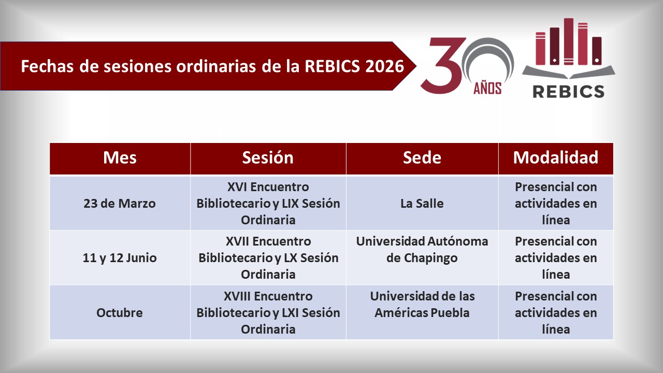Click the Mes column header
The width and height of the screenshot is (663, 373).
pyautogui.click(x=120, y=157)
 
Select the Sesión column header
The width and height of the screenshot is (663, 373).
pyautogui.click(x=268, y=157)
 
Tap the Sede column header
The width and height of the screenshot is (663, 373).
pyautogui.click(x=422, y=157)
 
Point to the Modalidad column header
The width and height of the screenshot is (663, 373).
pyautogui.click(x=555, y=157)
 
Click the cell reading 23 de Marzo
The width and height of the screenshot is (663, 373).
pyautogui.click(x=120, y=203)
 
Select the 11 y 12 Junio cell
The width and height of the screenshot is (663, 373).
pyautogui.click(x=120, y=258)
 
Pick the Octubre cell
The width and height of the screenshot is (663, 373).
pyautogui.click(x=120, y=313)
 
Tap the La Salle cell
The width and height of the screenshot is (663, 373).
pyautogui.click(x=422, y=203)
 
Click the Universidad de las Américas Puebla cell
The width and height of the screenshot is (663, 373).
pyautogui.click(x=422, y=305)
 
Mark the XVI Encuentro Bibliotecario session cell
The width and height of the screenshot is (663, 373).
pyautogui.click(x=268, y=203)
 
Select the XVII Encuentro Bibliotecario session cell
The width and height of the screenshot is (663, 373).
pyautogui.click(x=268, y=258)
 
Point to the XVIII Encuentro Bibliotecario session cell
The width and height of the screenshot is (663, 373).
pyautogui.click(x=268, y=313)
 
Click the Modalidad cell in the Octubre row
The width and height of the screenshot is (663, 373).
pyautogui.click(x=555, y=313)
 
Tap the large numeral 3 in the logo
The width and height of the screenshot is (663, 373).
pyautogui.click(x=441, y=66)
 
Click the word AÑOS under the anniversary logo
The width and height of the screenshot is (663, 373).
pyautogui.click(x=487, y=89)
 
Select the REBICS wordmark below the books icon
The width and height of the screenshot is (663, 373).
pyautogui.click(x=568, y=91)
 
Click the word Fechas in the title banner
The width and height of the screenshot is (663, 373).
pyautogui.click(x=44, y=66)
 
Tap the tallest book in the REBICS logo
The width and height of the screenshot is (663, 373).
pyautogui.click(x=568, y=41)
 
